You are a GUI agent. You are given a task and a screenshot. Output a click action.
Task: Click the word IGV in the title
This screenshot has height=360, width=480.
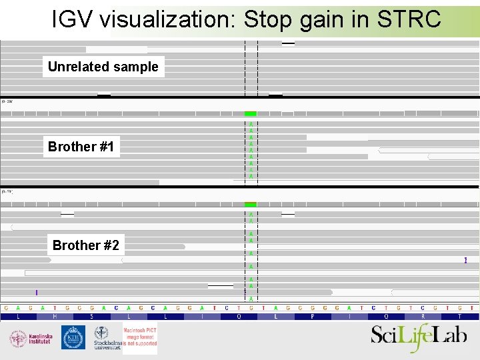point(73,19)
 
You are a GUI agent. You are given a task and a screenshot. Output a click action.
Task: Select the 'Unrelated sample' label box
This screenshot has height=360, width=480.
point(103,67)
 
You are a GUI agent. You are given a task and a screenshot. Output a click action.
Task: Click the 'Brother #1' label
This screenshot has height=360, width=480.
point(81,147)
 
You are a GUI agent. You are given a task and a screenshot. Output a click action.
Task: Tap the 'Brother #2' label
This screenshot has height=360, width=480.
point(86,245)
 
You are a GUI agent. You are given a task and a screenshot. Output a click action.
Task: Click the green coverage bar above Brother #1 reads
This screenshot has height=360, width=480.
point(251,114)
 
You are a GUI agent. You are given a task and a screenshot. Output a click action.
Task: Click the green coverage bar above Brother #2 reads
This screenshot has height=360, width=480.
point(251,204)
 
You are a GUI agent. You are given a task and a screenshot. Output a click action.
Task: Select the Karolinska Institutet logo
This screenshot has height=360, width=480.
point(31,338)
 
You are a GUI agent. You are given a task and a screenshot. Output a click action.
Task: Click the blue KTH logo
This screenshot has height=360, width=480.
point(73,337)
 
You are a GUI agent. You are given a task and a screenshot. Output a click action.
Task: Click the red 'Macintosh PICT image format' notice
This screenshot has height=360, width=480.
point(140,337)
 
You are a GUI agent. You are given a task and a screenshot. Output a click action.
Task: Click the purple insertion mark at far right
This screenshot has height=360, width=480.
point(465,260)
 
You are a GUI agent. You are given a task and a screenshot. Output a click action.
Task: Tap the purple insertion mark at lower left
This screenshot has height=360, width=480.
point(37,292)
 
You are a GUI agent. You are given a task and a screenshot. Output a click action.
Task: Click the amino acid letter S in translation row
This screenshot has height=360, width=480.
point(91,317)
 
